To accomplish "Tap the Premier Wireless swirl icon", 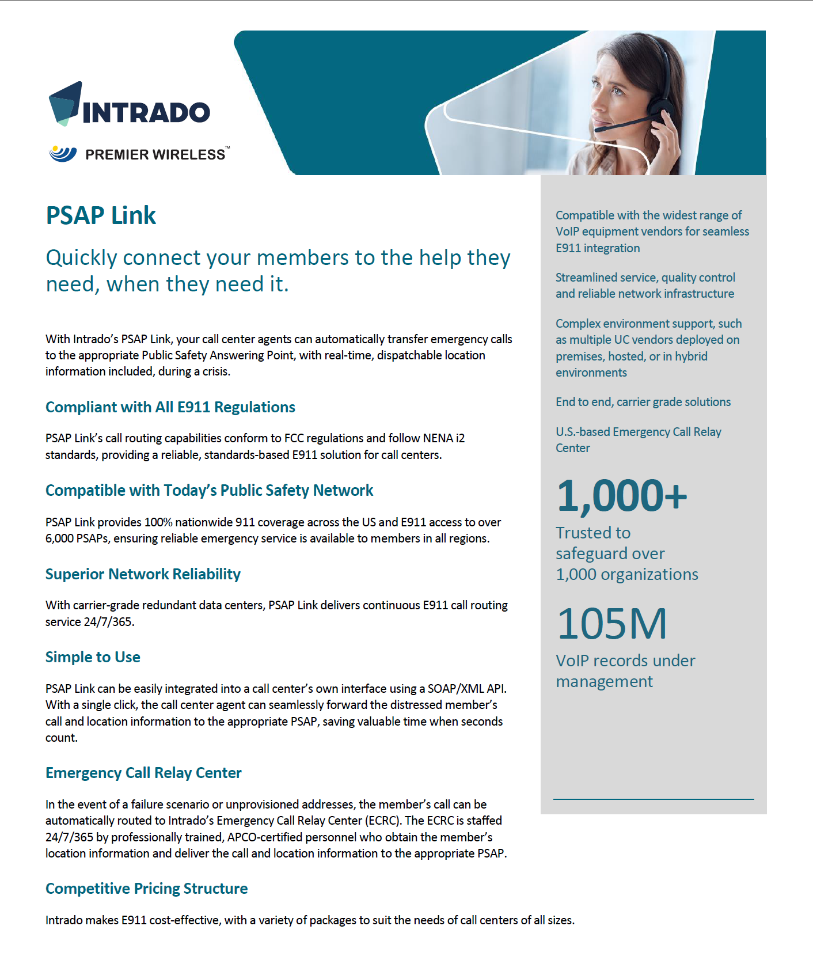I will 63,153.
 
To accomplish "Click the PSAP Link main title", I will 101,215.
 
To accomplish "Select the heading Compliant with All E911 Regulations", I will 170,407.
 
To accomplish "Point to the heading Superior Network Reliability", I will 143,574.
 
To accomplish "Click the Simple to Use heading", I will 93,657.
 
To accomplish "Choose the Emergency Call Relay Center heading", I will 143,773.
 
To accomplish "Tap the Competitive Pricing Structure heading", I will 147,889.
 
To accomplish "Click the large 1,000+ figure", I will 622,496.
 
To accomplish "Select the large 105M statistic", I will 612,624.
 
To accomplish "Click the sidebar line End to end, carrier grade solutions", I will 643,402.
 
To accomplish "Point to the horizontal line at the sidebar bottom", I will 654,799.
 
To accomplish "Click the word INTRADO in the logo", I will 147,113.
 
